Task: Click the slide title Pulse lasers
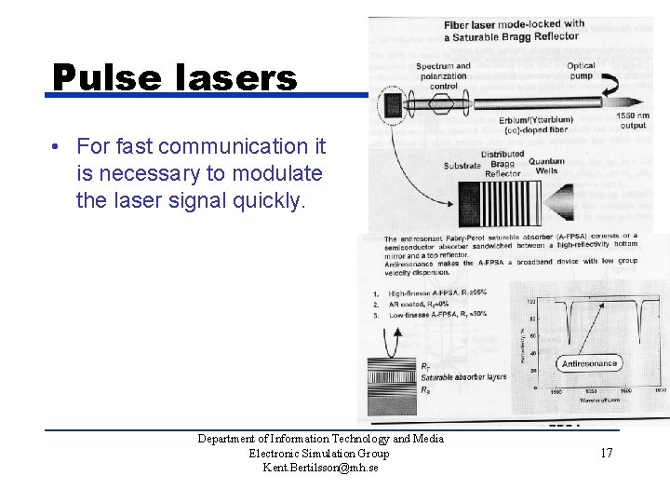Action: tap(174, 77)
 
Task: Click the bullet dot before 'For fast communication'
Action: tap(57, 147)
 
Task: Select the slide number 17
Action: tap(606, 454)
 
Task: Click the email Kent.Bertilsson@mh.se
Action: tap(320, 468)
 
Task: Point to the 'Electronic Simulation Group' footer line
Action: tap(319, 454)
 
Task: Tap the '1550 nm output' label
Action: tap(634, 120)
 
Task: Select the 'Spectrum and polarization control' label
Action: tap(443, 75)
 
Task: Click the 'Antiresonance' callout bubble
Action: tap(589, 363)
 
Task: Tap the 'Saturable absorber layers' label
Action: tap(463, 377)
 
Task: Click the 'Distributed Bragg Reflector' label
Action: tap(502, 164)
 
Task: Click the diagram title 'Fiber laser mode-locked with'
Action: tap(514, 24)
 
